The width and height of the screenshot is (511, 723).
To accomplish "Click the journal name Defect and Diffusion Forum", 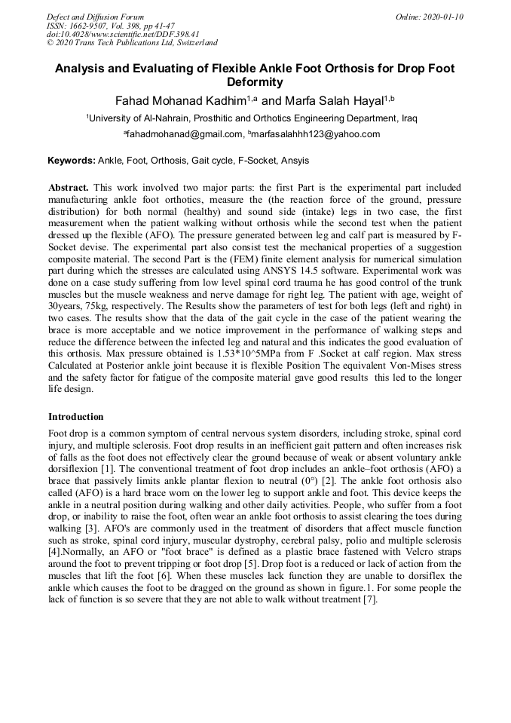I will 95,17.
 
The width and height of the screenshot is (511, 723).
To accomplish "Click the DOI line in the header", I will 102,34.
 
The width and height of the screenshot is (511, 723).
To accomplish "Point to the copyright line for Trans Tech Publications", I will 132,43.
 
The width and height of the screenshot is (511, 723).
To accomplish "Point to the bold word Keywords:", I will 72,161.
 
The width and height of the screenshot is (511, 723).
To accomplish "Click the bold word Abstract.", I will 69,187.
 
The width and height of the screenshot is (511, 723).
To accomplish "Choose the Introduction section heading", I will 76,417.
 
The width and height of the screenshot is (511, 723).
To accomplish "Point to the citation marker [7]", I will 369,599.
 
